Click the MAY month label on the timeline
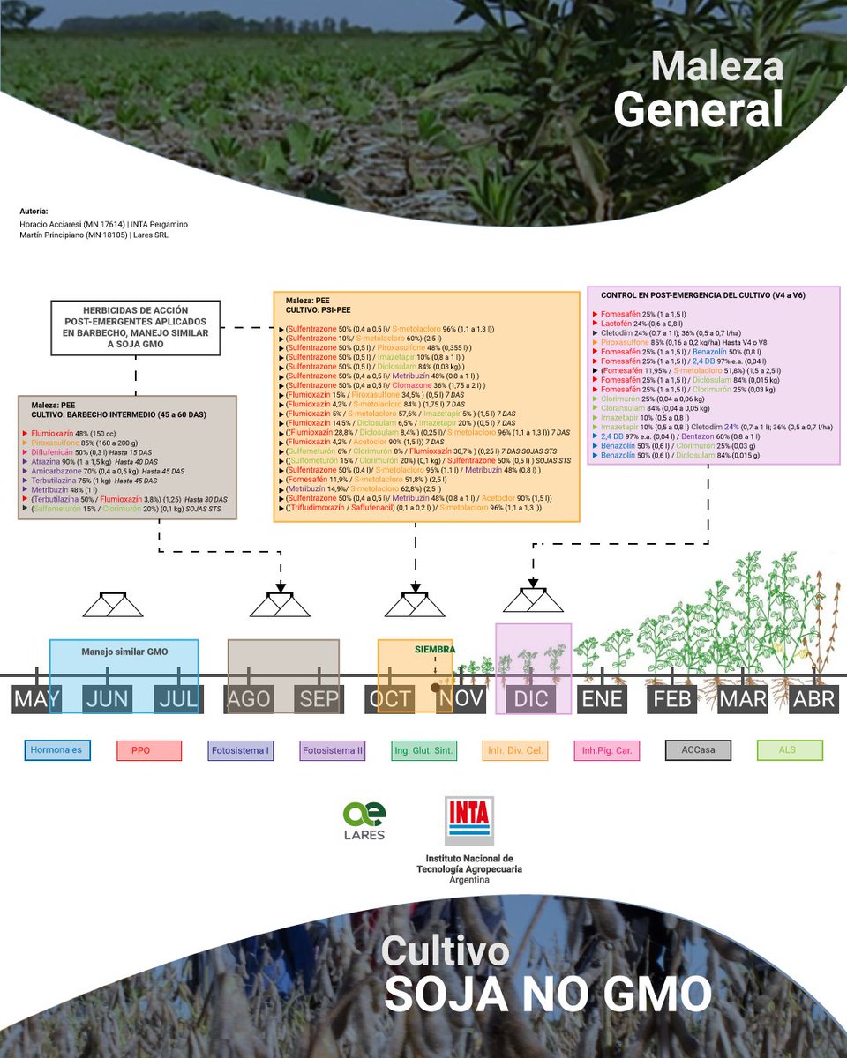coord(36,699)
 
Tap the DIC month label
coord(531,699)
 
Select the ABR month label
coord(813,699)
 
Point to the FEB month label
coord(672,699)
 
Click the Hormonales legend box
coord(56,750)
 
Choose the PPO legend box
coord(149,750)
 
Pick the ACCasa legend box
coord(698,750)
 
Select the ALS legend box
coord(790,750)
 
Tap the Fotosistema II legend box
coord(333,750)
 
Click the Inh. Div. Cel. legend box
coord(515,750)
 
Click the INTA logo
coord(468,820)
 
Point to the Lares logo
coord(364,821)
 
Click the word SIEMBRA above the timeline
coord(436,649)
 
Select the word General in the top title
coord(698,111)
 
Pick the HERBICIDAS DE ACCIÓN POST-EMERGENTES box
coord(135,328)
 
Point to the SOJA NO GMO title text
coord(547,994)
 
